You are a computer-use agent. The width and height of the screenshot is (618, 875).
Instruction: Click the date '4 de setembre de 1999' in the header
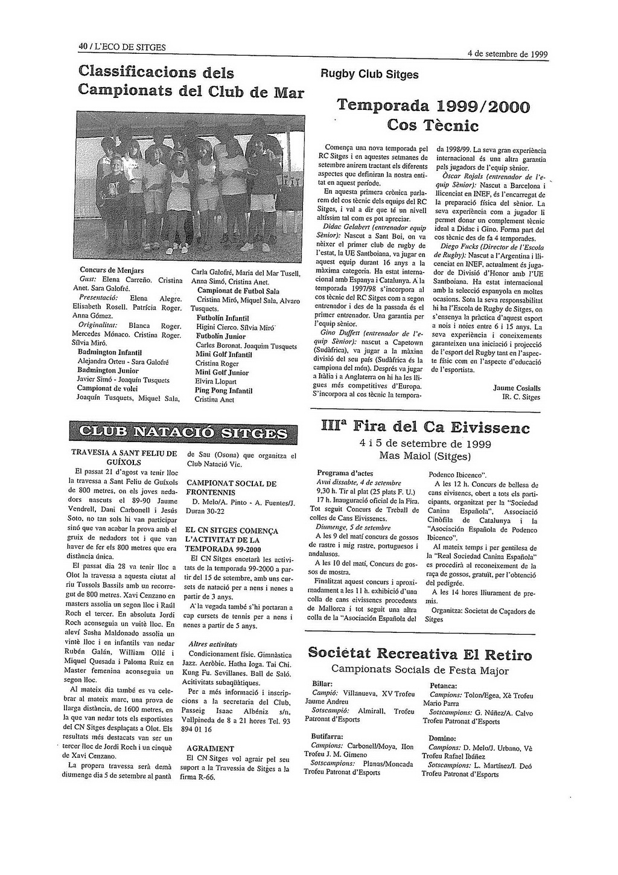508,54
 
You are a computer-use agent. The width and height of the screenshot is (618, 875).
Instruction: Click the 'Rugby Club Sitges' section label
369,75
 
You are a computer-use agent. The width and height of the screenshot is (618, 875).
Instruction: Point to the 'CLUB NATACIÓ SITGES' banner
184,433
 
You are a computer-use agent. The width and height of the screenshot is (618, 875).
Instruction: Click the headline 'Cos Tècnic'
433,126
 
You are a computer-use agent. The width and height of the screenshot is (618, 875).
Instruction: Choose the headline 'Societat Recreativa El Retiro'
419,655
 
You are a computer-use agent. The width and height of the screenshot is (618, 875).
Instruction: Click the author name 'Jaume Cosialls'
517,388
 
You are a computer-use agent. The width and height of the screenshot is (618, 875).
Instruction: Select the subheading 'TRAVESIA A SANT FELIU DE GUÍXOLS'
124,457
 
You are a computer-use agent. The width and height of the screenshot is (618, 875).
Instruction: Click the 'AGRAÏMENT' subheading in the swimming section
211,748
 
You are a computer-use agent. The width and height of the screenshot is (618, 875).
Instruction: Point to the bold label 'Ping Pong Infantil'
223,391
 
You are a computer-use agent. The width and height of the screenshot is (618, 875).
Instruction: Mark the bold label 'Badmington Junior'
108,371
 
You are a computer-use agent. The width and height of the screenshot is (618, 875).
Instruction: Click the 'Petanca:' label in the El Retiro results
443,686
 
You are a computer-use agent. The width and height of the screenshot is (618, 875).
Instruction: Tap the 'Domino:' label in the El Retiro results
442,738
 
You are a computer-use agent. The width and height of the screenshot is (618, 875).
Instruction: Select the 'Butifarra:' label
327,737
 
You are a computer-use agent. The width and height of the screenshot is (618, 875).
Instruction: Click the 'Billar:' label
322,684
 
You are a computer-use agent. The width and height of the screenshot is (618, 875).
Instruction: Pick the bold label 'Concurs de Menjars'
112,270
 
